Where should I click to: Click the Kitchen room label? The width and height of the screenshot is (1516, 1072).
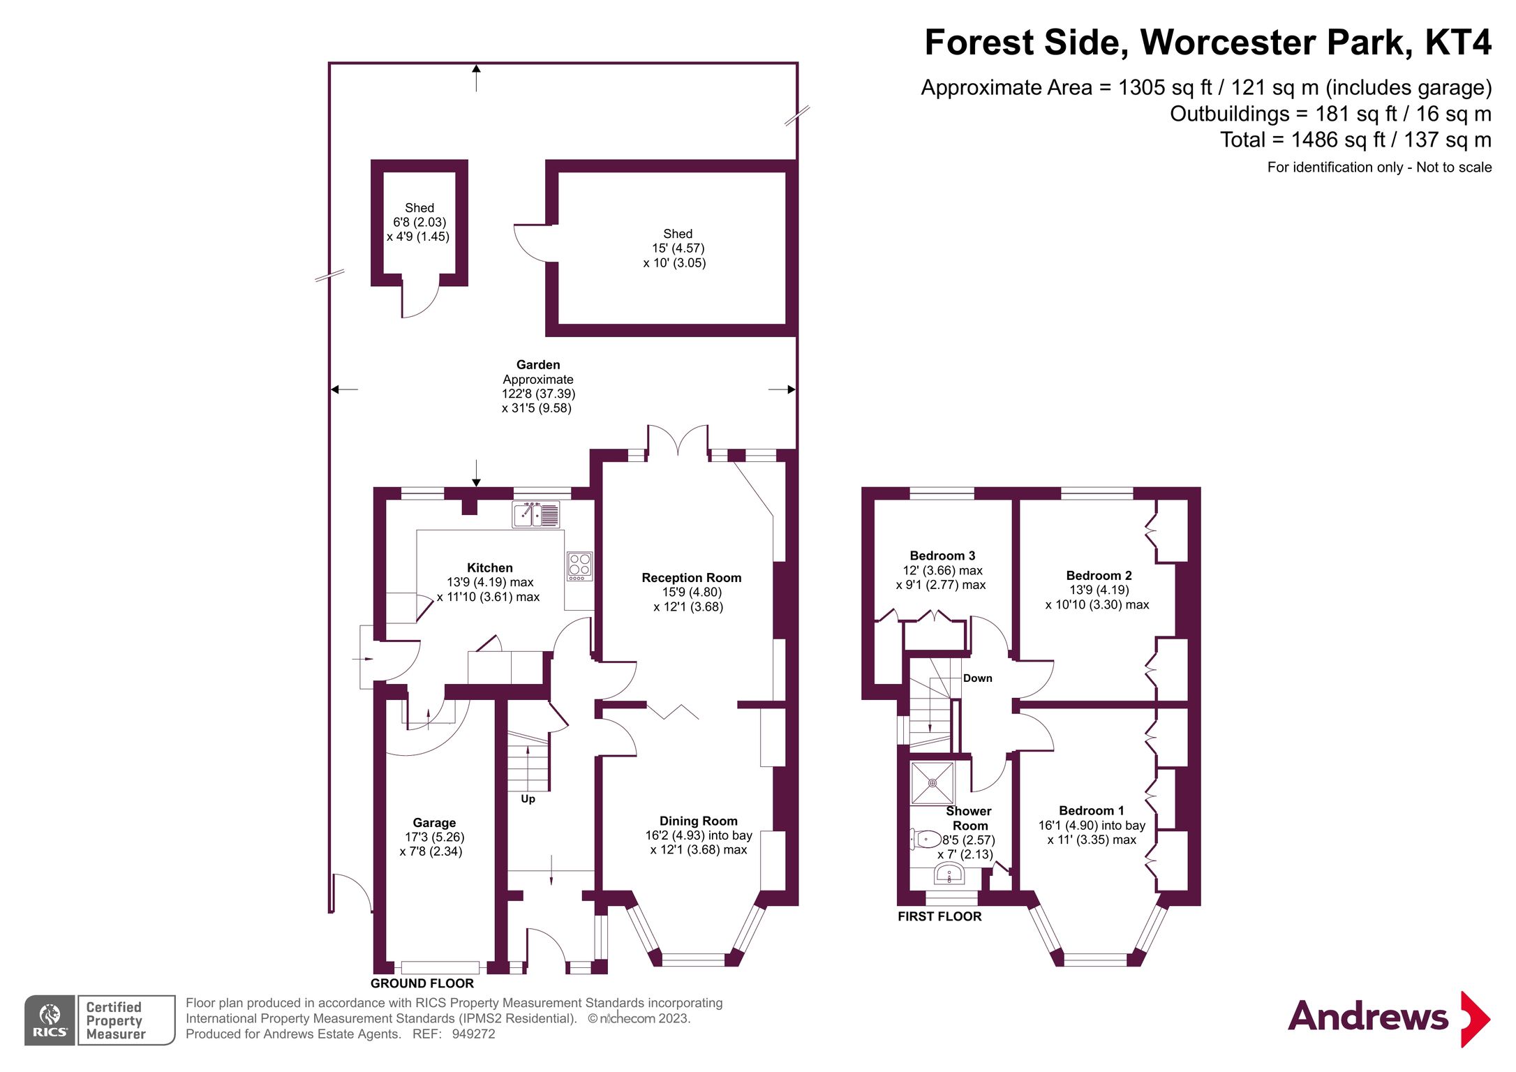(489, 567)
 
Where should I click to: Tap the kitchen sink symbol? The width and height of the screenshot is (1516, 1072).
(535, 515)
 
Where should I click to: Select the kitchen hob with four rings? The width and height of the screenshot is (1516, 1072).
(579, 565)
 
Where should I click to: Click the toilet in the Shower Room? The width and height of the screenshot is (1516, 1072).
(926, 838)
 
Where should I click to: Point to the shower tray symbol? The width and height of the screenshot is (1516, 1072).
(932, 783)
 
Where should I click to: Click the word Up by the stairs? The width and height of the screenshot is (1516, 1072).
(528, 798)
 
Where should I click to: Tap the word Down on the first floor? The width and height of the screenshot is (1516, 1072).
(977, 678)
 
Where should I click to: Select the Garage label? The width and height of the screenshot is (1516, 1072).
(433, 822)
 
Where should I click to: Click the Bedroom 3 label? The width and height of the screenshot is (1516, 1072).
(942, 556)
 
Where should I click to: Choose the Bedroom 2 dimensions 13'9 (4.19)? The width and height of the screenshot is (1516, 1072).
(1099, 590)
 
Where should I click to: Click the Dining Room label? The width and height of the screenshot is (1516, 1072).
(698, 821)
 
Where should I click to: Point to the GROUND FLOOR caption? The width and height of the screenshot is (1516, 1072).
(422, 983)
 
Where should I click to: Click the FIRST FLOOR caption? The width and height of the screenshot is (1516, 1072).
(939, 916)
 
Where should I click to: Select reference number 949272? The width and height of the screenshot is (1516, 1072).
(473, 1034)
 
